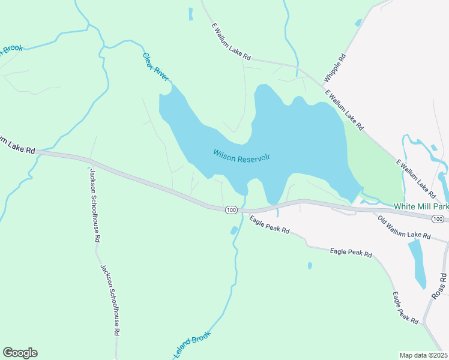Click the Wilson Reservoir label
pos(241,155)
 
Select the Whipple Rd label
pos(335,68)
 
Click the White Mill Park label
pos(421,206)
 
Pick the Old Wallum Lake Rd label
pos(404,227)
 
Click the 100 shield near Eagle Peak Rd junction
pos(231,209)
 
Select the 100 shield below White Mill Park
pos(439,219)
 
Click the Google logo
pos(20,353)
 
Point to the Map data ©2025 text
pos(423,355)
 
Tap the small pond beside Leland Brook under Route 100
pos(234,230)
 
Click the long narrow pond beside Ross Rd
pos(418,265)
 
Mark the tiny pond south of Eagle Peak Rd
pos(310,265)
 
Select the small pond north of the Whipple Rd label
pos(358,23)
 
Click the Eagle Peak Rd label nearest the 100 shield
pos(270,225)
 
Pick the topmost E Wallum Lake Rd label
pos(231,41)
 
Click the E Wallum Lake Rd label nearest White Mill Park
pos(415,179)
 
